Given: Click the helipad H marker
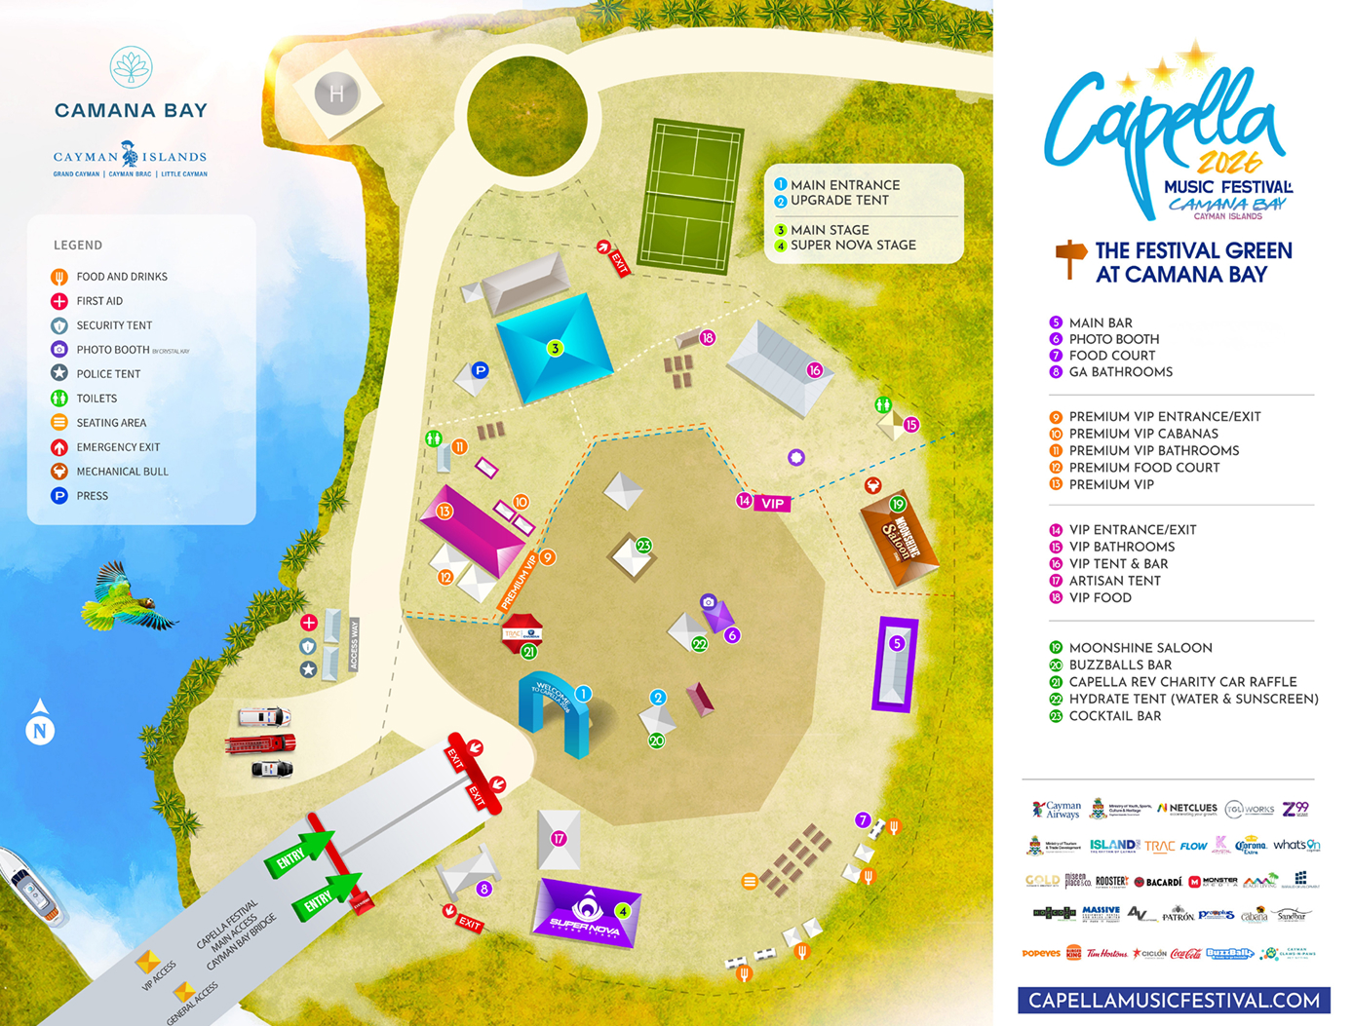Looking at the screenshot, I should click(x=336, y=95).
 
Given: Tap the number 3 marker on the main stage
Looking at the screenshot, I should click(x=555, y=348).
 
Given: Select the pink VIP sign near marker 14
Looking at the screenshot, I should click(x=772, y=504).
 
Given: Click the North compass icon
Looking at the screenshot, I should click(x=40, y=729).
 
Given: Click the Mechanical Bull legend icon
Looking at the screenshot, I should click(x=59, y=472).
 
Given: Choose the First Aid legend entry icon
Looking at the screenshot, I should click(x=59, y=301).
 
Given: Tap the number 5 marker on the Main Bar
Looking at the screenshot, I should click(x=897, y=643).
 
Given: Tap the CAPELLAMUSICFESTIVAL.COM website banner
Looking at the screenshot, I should click(x=1174, y=1001).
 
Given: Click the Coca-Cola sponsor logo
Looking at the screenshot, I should click(x=1185, y=954).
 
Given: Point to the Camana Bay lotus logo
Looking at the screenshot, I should click(x=131, y=67).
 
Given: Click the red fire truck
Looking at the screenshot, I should click(x=260, y=744).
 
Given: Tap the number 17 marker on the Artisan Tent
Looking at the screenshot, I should click(x=559, y=838).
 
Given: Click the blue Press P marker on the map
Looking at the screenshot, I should click(x=480, y=370).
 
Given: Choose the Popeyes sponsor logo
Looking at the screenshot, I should click(x=1040, y=953).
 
